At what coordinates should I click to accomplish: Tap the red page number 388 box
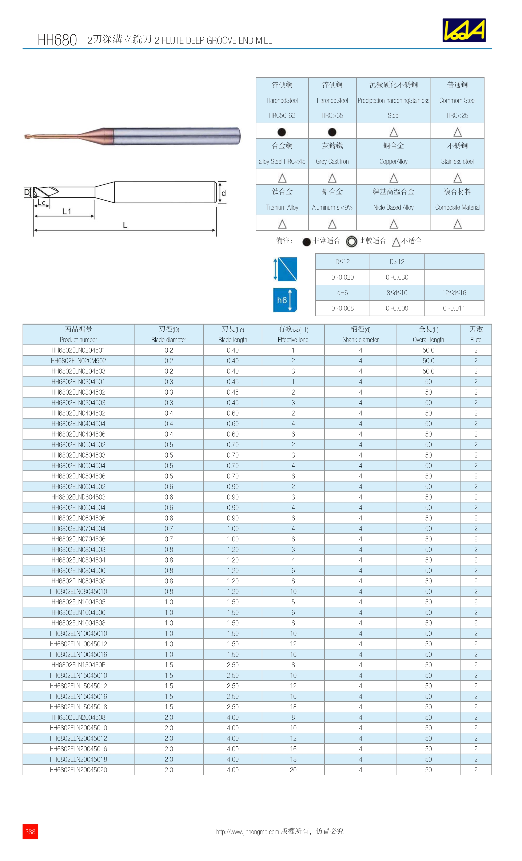tap(30, 831)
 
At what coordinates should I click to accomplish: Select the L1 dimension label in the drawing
tap(66, 212)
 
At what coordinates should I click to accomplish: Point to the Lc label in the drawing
tap(41, 202)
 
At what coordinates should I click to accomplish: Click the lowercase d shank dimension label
tap(223, 193)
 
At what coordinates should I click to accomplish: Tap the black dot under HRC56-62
tap(282, 132)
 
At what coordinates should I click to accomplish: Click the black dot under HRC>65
tap(332, 132)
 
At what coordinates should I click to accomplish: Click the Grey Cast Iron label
tap(332, 161)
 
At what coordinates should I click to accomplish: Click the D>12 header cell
tap(397, 262)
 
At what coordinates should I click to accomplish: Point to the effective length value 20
tap(293, 770)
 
